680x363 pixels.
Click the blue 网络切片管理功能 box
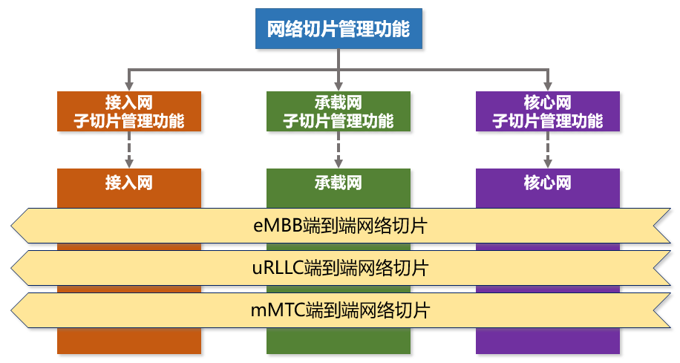tap(339, 29)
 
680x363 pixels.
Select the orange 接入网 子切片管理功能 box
tap(129, 111)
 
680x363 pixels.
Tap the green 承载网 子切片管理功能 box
tap(339, 111)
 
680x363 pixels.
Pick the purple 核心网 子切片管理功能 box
tap(548, 111)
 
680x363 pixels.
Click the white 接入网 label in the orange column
tap(129, 183)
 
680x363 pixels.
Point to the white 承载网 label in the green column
tap(339, 183)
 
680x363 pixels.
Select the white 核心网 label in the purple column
tap(548, 183)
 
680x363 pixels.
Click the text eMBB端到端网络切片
tap(341, 226)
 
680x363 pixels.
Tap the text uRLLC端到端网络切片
tap(341, 268)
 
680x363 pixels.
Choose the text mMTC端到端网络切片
tap(341, 310)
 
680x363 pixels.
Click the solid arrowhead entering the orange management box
tap(129, 86)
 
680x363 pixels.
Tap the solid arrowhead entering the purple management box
tap(548, 86)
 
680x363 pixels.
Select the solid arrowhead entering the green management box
tap(339, 86)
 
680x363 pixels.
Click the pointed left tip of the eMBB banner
tap(11, 226)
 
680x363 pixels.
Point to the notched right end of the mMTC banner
tap(654, 310)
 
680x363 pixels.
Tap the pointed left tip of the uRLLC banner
tap(11, 268)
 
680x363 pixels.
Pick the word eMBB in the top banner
tap(278, 226)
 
